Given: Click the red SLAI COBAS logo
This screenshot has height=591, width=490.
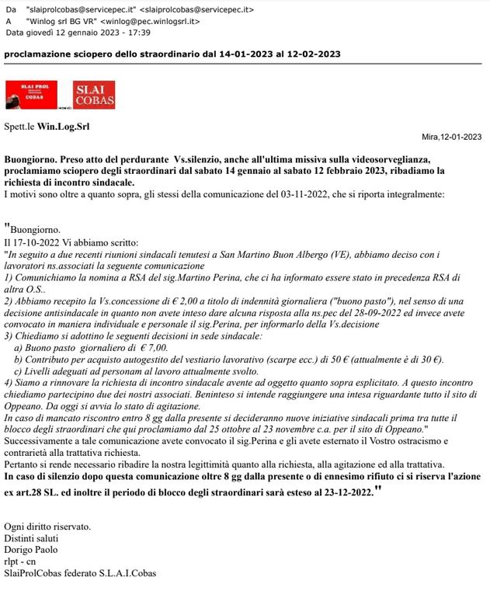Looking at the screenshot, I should click(x=94, y=95).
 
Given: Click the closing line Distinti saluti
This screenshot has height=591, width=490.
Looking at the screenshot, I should click(x=30, y=537).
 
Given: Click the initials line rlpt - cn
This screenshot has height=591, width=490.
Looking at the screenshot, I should click(x=20, y=561).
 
